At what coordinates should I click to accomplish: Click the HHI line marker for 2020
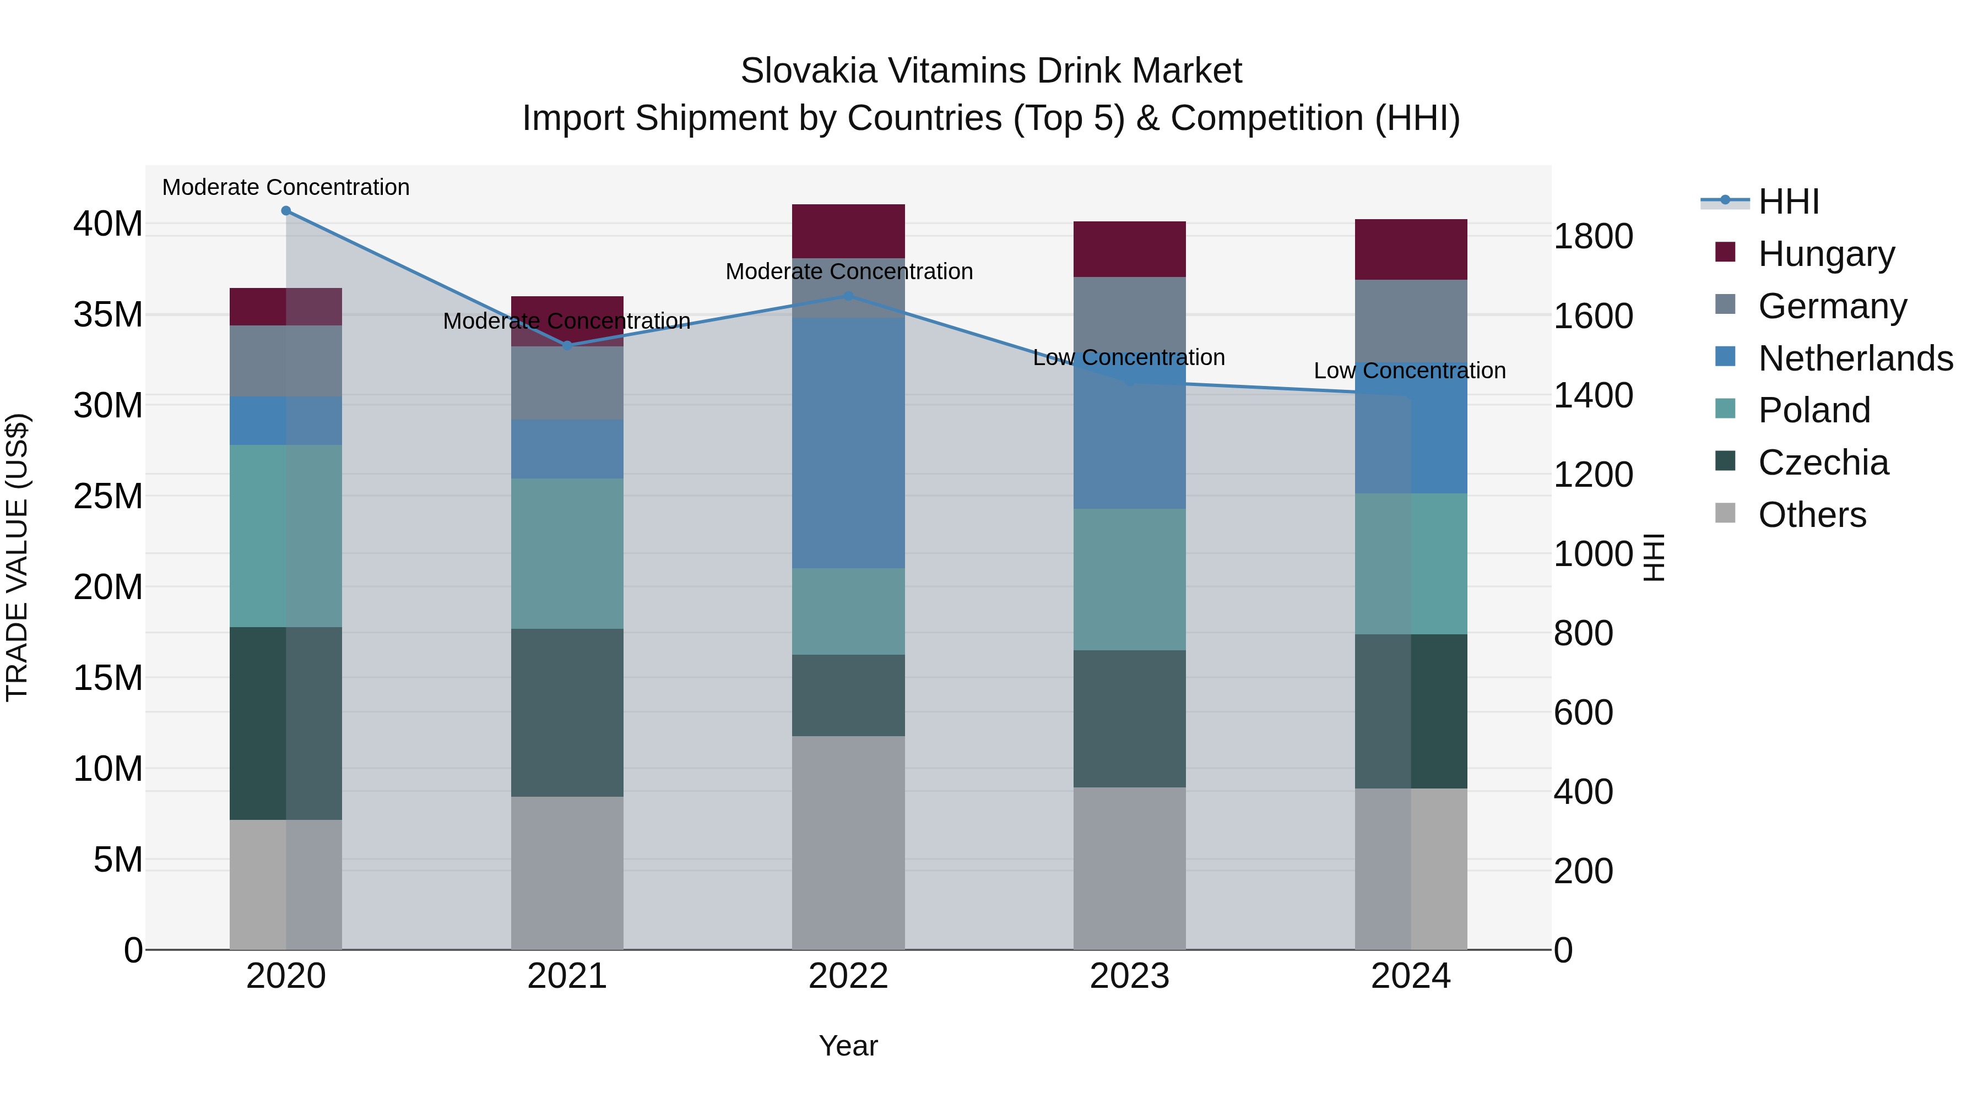click(286, 211)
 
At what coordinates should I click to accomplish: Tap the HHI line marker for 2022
click(848, 296)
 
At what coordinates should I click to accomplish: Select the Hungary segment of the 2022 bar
click(848, 231)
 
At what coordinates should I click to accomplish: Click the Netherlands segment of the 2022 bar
click(848, 443)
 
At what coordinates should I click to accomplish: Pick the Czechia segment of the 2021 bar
click(567, 712)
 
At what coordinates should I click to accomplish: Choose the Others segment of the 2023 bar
click(1129, 868)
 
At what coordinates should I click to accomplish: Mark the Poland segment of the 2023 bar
click(1129, 579)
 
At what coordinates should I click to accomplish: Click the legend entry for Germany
click(1832, 306)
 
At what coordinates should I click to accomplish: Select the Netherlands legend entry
click(1855, 358)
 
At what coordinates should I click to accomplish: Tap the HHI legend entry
click(1788, 202)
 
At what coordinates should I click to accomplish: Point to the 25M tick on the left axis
click(108, 496)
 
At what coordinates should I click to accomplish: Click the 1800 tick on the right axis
click(1592, 236)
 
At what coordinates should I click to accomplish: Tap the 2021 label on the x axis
click(567, 976)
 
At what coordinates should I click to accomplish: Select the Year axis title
click(848, 1046)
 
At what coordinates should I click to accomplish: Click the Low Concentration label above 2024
click(1410, 371)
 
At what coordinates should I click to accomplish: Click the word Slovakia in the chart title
click(808, 71)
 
